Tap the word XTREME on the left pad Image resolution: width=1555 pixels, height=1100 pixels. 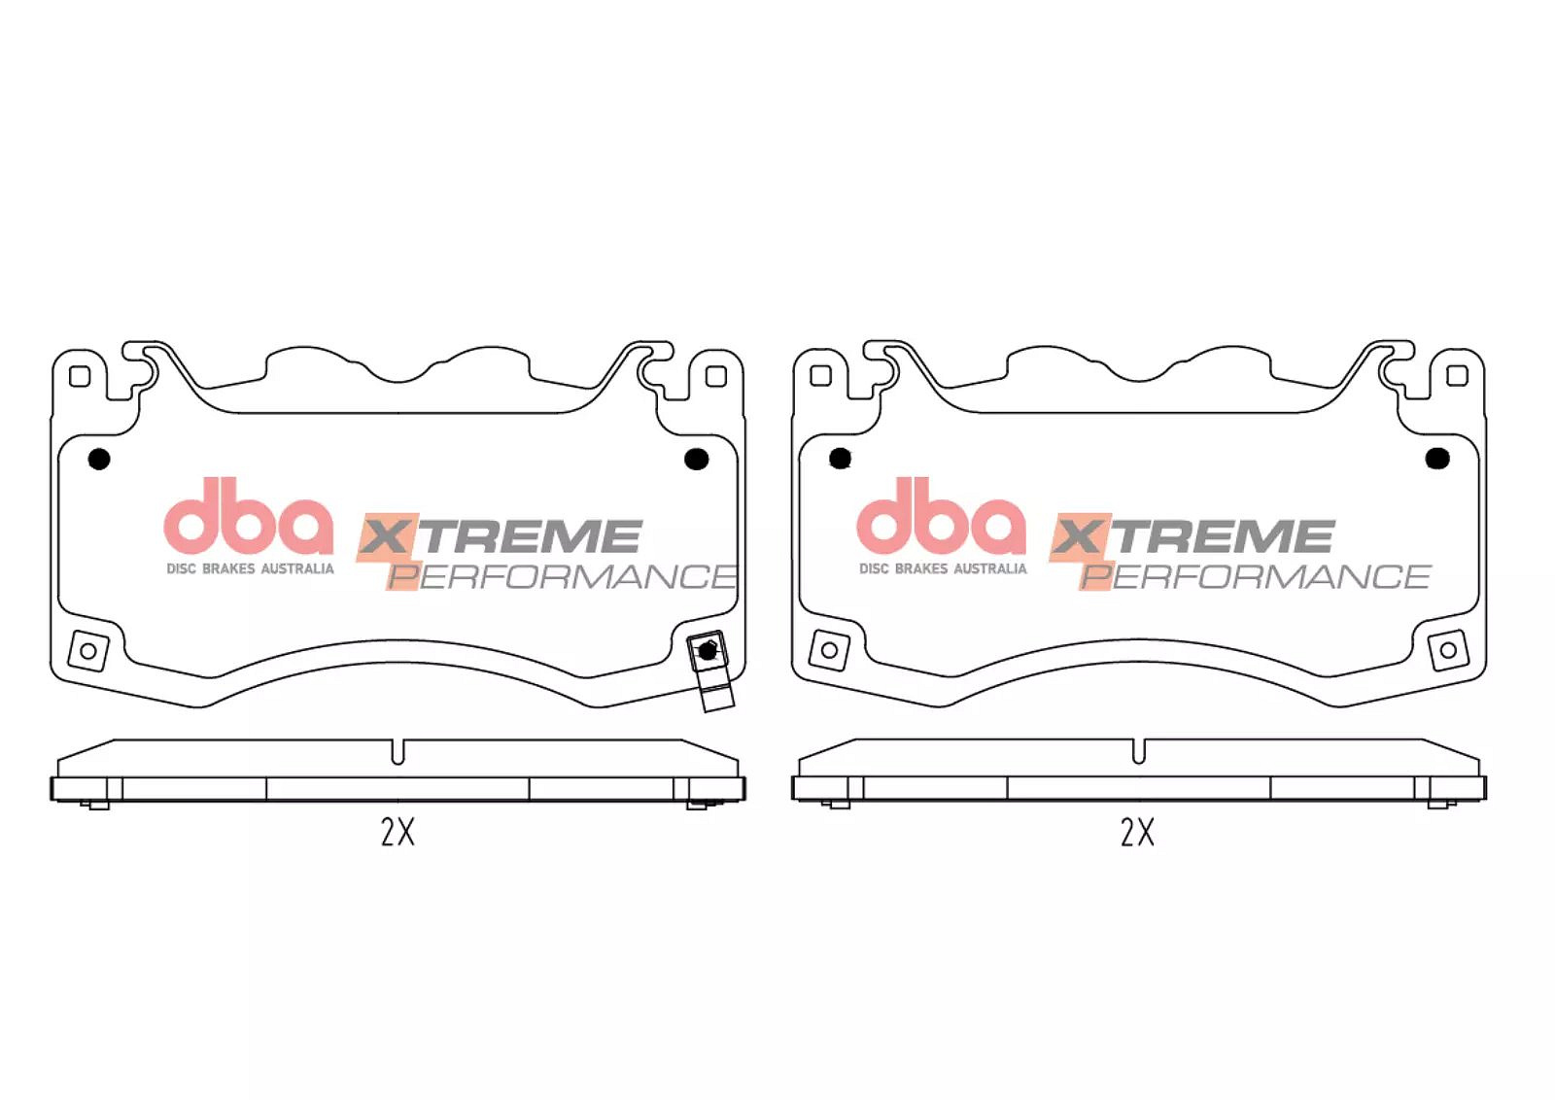500,535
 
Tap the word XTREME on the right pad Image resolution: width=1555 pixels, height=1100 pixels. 1192,535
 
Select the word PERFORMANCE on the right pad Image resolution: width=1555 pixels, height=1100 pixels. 1255,576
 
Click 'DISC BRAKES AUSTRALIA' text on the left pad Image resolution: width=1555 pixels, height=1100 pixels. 250,568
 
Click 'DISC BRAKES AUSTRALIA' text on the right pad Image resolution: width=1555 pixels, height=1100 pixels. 943,568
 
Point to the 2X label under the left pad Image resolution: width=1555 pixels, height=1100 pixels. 397,832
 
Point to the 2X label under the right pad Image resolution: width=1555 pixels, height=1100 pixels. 1138,832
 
